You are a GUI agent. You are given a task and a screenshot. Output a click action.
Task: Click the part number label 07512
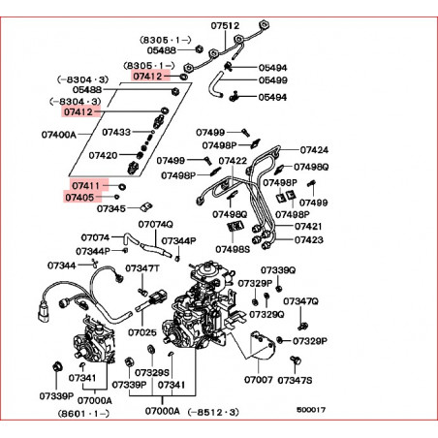[x=225, y=25]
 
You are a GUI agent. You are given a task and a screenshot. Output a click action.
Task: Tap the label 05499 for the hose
[x=272, y=80]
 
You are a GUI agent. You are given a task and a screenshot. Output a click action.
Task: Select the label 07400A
[x=59, y=135]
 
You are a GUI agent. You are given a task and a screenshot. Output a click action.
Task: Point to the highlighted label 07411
[x=85, y=186]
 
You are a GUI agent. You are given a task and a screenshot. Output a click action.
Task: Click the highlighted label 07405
[x=79, y=197]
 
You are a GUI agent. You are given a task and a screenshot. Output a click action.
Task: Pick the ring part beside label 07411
[x=122, y=186]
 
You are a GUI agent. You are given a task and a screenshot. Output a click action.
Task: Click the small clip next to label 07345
[x=146, y=206]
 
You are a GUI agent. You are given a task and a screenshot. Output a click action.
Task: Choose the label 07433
[x=116, y=132]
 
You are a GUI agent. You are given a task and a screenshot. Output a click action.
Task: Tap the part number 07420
[x=103, y=155]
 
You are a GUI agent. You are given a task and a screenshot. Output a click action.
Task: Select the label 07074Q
[x=155, y=224]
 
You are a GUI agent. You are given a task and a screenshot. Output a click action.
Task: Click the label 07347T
[x=142, y=268]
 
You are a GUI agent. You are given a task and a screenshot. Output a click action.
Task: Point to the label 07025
[x=142, y=332]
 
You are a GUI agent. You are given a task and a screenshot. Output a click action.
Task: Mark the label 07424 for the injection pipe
[x=314, y=150]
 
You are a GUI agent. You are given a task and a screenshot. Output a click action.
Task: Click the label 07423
[x=309, y=239]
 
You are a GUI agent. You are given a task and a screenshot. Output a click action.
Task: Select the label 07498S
[x=233, y=249]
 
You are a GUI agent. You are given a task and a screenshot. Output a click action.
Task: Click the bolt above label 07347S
[x=296, y=360]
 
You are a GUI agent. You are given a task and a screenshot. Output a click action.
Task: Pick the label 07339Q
[x=278, y=270]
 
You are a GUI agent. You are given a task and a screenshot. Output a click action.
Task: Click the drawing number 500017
[x=311, y=410]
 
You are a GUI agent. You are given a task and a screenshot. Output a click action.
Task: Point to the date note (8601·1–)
[x=83, y=413]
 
